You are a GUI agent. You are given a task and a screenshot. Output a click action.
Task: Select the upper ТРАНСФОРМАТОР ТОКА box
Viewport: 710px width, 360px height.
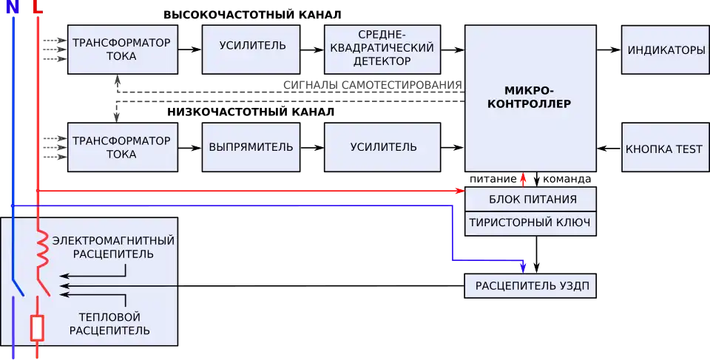122,50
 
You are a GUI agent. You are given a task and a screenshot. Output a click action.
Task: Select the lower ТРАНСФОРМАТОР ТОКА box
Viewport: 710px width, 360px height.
122,147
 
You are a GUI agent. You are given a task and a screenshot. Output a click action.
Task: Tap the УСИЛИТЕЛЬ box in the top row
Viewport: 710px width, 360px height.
252,46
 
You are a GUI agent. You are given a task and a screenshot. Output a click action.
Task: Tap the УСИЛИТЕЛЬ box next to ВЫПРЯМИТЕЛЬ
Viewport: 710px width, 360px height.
383,147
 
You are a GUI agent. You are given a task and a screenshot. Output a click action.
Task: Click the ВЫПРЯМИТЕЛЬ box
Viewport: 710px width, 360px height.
251,147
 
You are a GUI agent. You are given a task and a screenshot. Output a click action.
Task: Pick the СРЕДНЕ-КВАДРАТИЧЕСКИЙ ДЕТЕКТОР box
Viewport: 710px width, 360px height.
383,50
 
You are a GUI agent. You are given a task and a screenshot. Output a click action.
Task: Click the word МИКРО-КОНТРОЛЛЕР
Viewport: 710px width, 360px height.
530,97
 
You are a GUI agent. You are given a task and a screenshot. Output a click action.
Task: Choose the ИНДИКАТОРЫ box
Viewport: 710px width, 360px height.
666,50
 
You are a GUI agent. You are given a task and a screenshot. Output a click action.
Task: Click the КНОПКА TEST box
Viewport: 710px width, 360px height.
664,149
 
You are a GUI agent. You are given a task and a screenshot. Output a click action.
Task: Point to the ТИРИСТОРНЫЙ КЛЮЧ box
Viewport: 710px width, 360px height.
530,223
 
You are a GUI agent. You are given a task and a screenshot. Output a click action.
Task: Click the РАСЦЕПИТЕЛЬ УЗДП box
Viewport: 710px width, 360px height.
530,285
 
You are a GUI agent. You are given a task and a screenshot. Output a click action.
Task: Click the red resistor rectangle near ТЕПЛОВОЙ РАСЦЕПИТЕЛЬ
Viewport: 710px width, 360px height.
37,327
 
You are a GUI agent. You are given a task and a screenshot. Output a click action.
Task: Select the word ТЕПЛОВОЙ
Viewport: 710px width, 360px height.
109,317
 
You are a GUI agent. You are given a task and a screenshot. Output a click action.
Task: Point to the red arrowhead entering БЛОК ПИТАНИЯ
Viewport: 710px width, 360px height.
459,191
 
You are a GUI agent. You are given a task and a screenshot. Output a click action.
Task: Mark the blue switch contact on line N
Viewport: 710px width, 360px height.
18,285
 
